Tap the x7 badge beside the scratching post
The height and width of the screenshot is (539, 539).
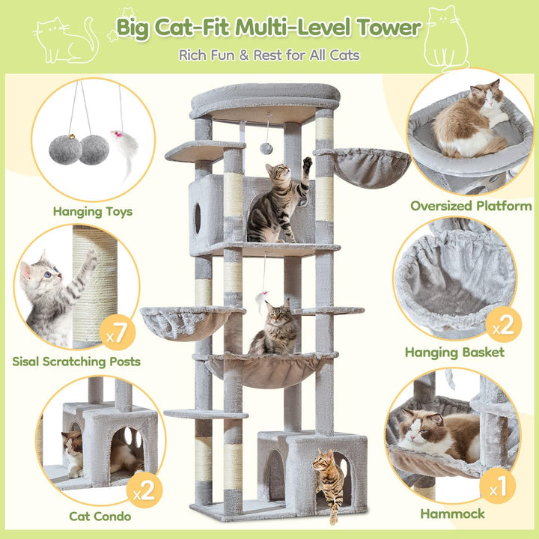(x=118, y=332)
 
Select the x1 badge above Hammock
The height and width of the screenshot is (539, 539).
(x=497, y=486)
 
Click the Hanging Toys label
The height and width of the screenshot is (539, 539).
(x=93, y=211)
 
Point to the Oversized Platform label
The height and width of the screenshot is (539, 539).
(x=471, y=206)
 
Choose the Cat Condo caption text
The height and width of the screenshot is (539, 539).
(x=100, y=516)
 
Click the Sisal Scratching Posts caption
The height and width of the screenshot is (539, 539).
(x=76, y=362)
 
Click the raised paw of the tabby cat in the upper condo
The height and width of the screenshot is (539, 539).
(x=308, y=164)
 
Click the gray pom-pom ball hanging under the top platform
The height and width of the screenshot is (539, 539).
(x=266, y=148)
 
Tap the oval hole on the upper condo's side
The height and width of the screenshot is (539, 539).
(x=198, y=219)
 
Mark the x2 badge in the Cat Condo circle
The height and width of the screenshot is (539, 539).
(x=144, y=490)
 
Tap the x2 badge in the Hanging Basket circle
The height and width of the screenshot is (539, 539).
(x=504, y=325)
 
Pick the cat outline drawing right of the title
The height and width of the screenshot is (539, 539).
(x=446, y=38)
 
